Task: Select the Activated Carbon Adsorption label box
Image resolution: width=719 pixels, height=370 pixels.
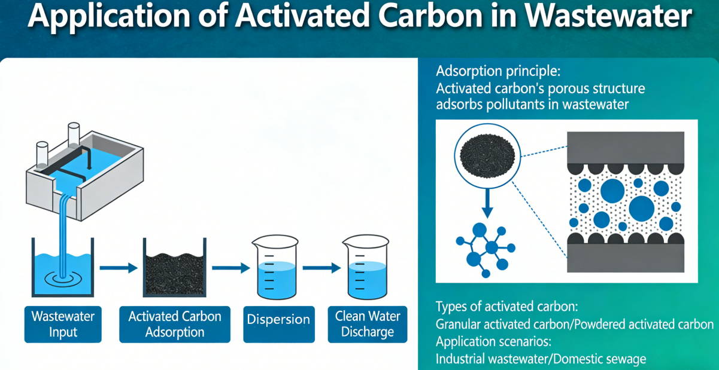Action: [175, 324]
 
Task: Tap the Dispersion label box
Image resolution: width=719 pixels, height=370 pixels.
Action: [279, 320]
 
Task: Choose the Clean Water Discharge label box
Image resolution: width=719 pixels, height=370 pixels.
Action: [368, 323]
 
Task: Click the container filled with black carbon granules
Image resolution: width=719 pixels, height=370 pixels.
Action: [174, 272]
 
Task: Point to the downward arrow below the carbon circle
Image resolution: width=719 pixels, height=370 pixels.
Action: [487, 203]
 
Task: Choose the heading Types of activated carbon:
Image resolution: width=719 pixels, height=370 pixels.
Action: [506, 307]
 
